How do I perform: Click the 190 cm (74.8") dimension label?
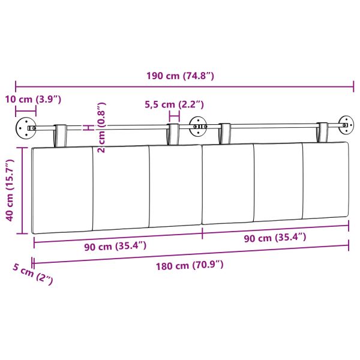[180, 76]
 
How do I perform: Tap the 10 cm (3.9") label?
[34, 98]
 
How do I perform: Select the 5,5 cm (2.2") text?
[175, 104]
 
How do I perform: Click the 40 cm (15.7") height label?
[10, 190]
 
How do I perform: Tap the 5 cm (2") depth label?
[33, 275]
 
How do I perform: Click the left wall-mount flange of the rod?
[26, 127]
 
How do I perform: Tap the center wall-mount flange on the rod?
[197, 126]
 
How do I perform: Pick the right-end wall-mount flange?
[346, 125]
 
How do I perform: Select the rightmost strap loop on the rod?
[323, 131]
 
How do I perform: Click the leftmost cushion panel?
[62, 189]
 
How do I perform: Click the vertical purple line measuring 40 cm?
[22, 190]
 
